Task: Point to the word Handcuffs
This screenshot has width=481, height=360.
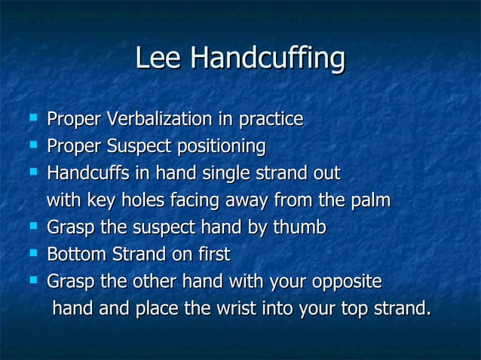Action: (x=85, y=174)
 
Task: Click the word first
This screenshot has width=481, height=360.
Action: (x=213, y=255)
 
